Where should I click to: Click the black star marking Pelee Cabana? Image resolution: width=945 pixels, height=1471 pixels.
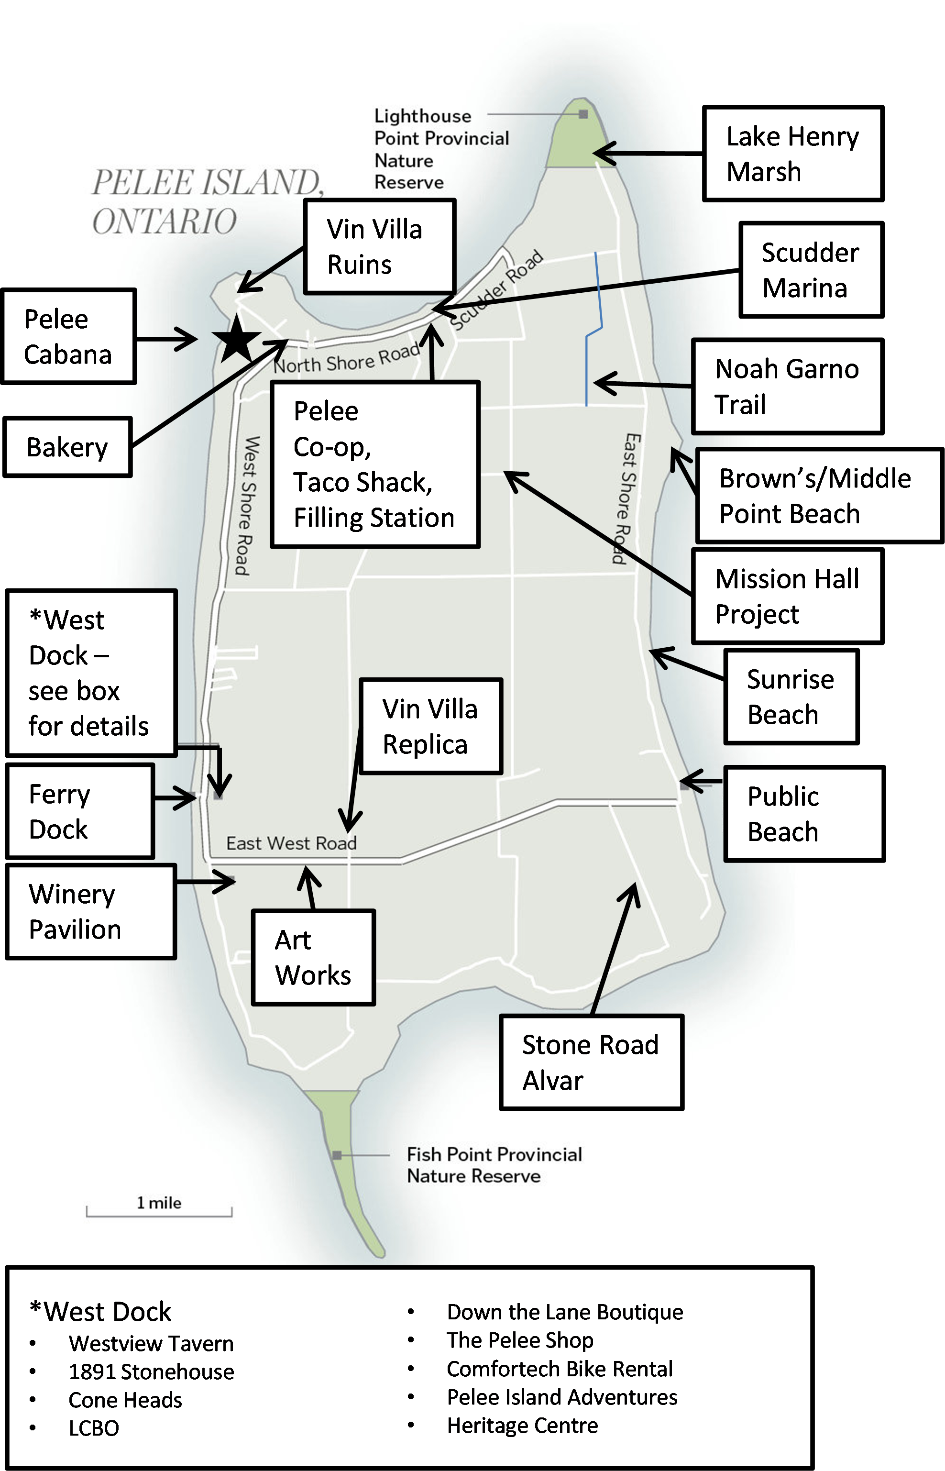pyautogui.click(x=236, y=338)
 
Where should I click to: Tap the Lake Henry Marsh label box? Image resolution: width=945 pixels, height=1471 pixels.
pyautogui.click(x=793, y=154)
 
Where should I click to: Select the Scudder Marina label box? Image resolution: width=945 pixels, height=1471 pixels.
pyautogui.click(x=811, y=270)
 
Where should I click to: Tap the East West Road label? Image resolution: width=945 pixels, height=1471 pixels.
pyautogui.click(x=291, y=843)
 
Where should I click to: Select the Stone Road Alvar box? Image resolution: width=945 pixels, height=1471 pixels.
pyautogui.click(x=592, y=1062)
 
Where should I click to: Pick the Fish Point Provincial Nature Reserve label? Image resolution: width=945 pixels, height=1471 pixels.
pyautogui.click(x=494, y=1165)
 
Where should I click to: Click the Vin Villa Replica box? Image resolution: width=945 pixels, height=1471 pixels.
pyautogui.click(x=431, y=726)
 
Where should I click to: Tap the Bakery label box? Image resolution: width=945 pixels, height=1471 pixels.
pyautogui.click(x=67, y=447)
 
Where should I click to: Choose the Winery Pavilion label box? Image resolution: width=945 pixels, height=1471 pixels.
pyautogui.click(x=91, y=911)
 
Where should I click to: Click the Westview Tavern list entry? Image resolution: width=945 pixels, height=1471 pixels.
pyautogui.click(x=151, y=1343)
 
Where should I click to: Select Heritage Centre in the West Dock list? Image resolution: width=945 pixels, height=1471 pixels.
pyautogui.click(x=522, y=1425)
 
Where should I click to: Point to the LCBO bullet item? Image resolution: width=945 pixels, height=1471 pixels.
pyautogui.click(x=94, y=1428)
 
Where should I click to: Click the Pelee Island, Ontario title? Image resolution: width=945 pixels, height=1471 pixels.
pyautogui.click(x=208, y=201)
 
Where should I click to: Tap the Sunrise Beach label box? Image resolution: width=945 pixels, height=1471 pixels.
pyautogui.click(x=791, y=697)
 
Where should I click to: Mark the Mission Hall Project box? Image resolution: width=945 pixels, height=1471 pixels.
pyautogui.click(x=788, y=596)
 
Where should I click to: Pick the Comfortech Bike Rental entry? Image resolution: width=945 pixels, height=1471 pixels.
pyautogui.click(x=560, y=1369)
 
